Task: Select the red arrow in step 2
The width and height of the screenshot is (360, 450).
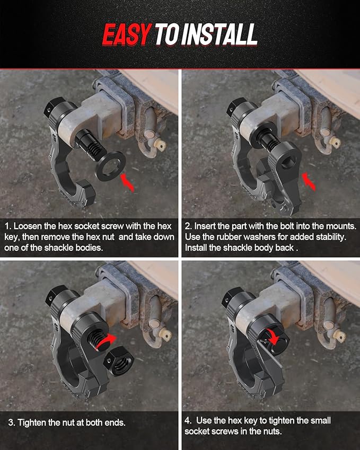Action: tap(309, 181)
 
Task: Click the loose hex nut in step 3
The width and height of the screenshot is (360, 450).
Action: tap(119, 361)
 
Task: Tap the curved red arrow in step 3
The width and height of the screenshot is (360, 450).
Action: tap(105, 342)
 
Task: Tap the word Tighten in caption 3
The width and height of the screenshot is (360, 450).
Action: tap(32, 422)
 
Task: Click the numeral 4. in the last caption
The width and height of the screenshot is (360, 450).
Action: tap(188, 421)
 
